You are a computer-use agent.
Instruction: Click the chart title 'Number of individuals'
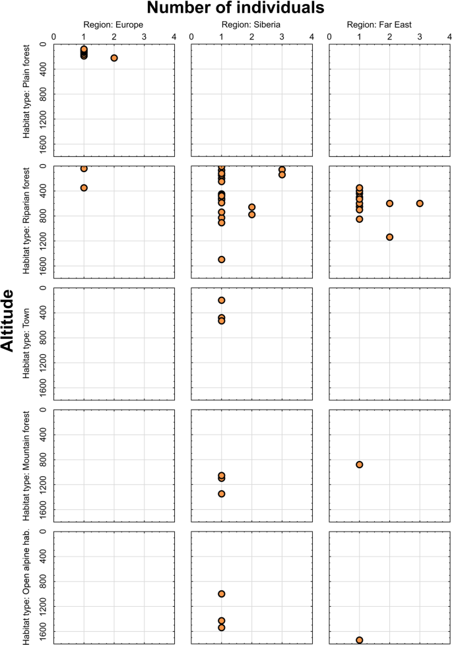[x=235, y=9]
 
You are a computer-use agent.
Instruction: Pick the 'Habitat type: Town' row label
[x=26, y=344]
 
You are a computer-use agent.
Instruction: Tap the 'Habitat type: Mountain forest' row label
[x=26, y=465]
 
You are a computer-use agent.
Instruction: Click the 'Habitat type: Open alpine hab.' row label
[x=26, y=587]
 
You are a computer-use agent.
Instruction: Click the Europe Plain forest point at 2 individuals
[x=114, y=58]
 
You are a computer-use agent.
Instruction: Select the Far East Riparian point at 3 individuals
[x=420, y=203]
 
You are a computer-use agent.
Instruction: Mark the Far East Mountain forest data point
[x=360, y=464]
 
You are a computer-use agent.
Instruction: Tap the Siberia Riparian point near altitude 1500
[x=222, y=259]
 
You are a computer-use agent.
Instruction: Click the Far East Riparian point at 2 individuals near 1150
[x=390, y=237]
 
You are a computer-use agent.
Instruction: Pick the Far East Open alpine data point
[x=360, y=640]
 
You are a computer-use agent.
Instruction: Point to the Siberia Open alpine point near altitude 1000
[x=222, y=594]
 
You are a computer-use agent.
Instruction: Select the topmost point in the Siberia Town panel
[x=222, y=300]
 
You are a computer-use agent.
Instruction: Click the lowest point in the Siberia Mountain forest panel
[x=222, y=493]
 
